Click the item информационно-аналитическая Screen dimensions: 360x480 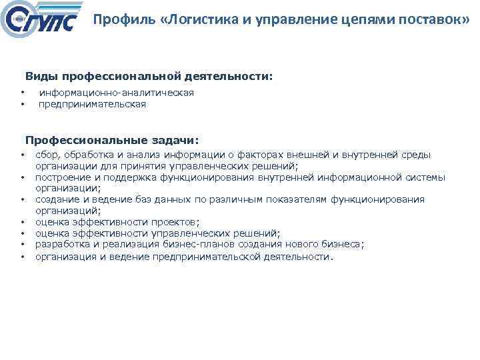(x=117, y=93)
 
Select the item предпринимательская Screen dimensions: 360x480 (x=92, y=104)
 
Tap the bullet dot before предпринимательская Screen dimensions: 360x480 (x=22, y=104)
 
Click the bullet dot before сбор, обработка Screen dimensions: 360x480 (x=22, y=155)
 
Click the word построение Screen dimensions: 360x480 (x=63, y=177)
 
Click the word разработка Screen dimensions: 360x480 (x=61, y=245)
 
